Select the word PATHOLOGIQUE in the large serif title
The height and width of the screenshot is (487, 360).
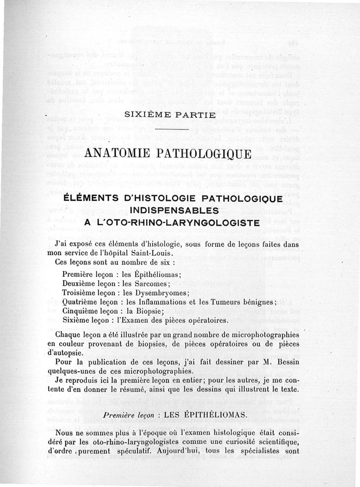[210, 154]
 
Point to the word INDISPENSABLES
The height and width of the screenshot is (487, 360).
[173, 210]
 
